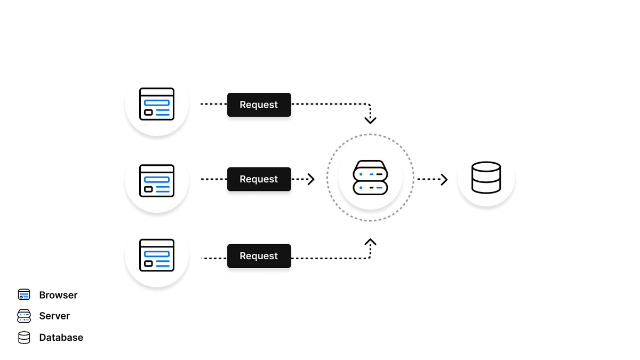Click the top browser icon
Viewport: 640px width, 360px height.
[157, 104]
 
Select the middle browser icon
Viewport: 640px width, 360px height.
[157, 181]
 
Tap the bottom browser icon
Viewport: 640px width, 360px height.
[157, 255]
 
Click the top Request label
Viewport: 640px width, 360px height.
[259, 105]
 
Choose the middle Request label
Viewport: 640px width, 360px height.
[259, 179]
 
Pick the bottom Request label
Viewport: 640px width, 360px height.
[259, 256]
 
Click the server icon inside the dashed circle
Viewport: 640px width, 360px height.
[370, 178]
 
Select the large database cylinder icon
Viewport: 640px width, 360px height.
[486, 178]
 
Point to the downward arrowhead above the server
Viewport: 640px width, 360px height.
[370, 121]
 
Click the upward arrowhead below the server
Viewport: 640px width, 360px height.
[370, 242]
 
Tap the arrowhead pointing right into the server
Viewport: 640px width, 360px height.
[311, 179]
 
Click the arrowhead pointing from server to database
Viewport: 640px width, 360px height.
[444, 179]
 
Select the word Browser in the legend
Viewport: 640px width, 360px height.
[58, 295]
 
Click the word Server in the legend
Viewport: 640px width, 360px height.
[54, 316]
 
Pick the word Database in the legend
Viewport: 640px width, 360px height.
[61, 338]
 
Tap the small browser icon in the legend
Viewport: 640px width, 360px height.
[24, 294]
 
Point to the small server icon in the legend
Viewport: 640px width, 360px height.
[24, 316]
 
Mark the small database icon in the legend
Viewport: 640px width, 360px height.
[24, 338]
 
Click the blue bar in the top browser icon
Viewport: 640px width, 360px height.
[157, 102]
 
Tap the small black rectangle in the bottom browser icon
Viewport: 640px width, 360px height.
[148, 263]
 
